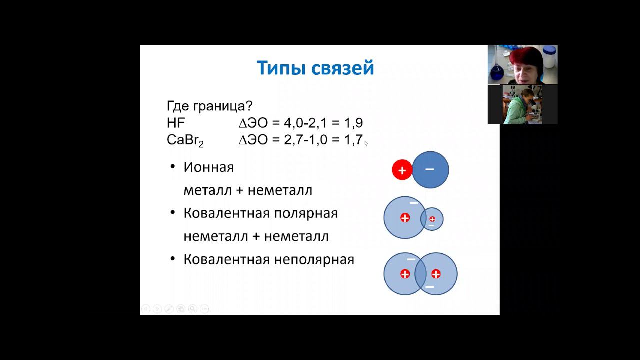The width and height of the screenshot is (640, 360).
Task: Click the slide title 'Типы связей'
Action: tap(315, 68)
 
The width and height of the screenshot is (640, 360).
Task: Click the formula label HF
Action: tap(176, 123)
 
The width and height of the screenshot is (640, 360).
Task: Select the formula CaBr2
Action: tap(185, 140)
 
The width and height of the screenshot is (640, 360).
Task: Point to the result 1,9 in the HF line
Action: tap(353, 123)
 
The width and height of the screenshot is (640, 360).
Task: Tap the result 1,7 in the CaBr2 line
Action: tap(353, 140)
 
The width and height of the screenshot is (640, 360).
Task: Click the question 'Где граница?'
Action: tap(209, 106)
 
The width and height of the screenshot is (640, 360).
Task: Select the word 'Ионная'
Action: tap(208, 167)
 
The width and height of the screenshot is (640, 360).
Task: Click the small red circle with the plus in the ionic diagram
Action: tap(402, 170)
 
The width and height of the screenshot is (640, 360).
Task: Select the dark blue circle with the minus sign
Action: tap(430, 170)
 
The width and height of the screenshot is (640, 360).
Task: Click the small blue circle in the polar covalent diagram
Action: tap(433, 219)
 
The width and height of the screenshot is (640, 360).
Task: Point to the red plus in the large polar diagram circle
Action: tap(405, 218)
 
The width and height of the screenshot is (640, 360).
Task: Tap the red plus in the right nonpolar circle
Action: tap(436, 274)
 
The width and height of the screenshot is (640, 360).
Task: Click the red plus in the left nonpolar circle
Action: tap(405, 274)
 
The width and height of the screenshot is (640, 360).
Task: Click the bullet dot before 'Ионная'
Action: tap(172, 167)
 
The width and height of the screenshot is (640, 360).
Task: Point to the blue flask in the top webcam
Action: tap(498, 70)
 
